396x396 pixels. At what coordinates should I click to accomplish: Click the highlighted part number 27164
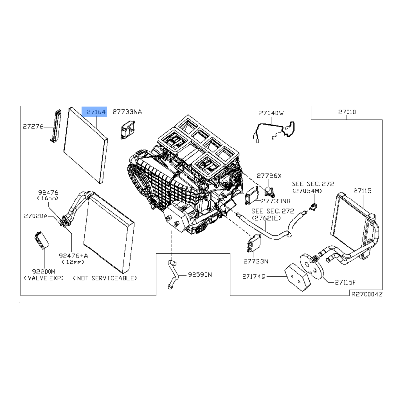pos(96,112)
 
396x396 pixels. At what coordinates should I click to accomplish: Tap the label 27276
pos(33,126)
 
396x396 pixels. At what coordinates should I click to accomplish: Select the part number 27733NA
pos(127,112)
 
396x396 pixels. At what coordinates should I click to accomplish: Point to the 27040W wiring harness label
pos(271,113)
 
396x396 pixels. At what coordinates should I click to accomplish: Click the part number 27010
pos(347,112)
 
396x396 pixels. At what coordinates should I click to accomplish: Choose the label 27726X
pos(269,176)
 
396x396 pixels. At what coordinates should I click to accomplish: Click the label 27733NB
pos(276,201)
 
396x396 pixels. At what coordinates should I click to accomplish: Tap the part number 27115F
pos(346,282)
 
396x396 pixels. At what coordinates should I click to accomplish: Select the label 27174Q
pos(254,277)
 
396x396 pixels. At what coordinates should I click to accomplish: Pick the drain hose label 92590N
pos(200,275)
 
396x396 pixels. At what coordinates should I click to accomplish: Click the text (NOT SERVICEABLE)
pos(105,278)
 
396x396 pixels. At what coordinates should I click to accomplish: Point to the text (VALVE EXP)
pos(44,278)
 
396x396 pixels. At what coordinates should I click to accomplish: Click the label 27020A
pos(36,216)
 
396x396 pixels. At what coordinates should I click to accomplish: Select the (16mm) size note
pos(48,198)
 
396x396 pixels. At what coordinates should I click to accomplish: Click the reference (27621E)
pos(266,218)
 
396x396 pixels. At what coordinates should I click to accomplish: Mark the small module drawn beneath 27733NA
pos(128,130)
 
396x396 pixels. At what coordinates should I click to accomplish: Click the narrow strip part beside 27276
pos(56,126)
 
